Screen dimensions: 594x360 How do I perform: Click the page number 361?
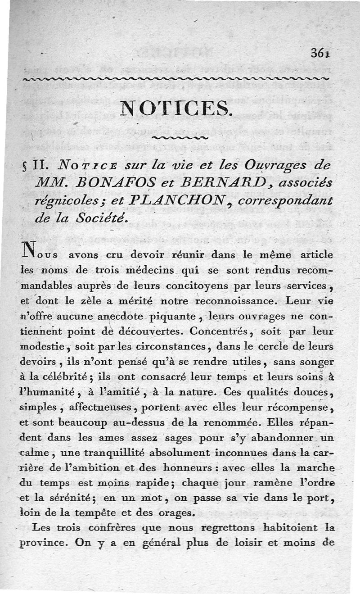pyautogui.click(x=320, y=53)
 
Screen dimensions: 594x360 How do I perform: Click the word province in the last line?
pyautogui.click(x=41, y=543)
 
